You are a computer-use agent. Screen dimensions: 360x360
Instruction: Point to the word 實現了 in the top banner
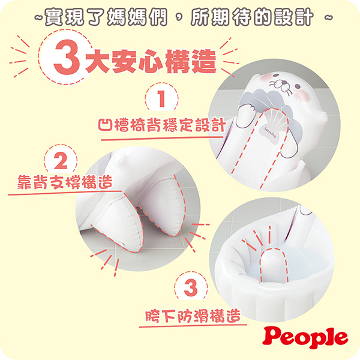pos(65,19)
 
